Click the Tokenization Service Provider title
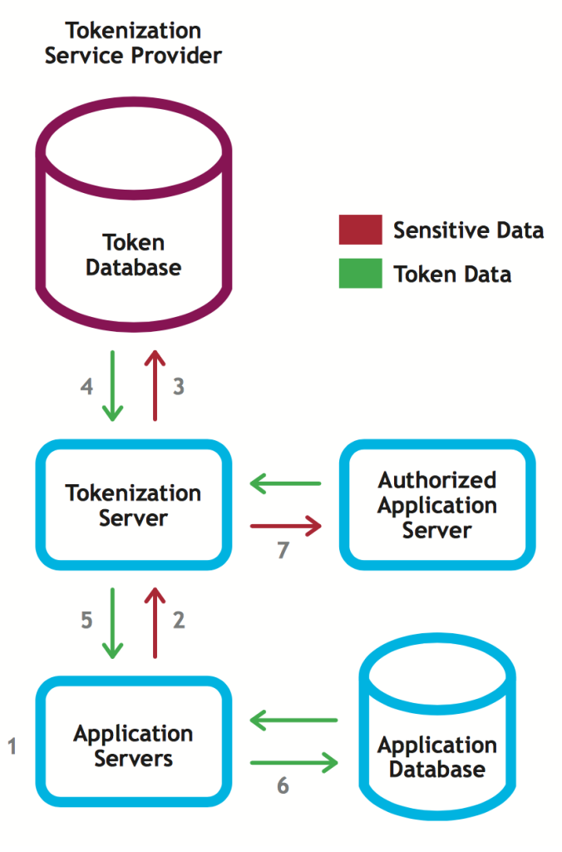[x=133, y=43]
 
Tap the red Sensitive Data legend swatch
[x=360, y=230]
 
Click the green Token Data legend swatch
[x=360, y=274]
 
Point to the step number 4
[x=86, y=387]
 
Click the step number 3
[x=178, y=387]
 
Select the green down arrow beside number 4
[x=111, y=386]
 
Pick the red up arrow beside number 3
[x=154, y=386]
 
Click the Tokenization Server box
[x=133, y=505]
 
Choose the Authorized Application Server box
[x=437, y=505]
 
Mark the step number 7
[x=283, y=550]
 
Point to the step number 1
[x=12, y=746]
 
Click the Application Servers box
[x=133, y=746]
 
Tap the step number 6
[x=283, y=785]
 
